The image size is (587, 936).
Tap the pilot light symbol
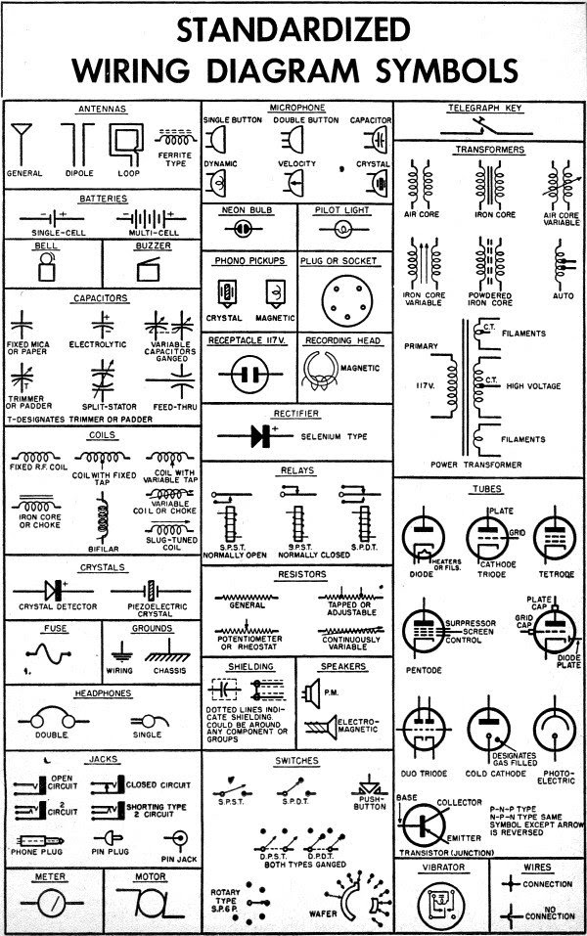[x=342, y=228]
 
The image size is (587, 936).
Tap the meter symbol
[x=50, y=901]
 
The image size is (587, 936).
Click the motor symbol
[x=152, y=902]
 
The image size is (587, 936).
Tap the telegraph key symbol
[x=489, y=124]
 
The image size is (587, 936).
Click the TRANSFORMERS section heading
[x=489, y=150]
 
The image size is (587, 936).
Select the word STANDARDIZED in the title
[x=293, y=31]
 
